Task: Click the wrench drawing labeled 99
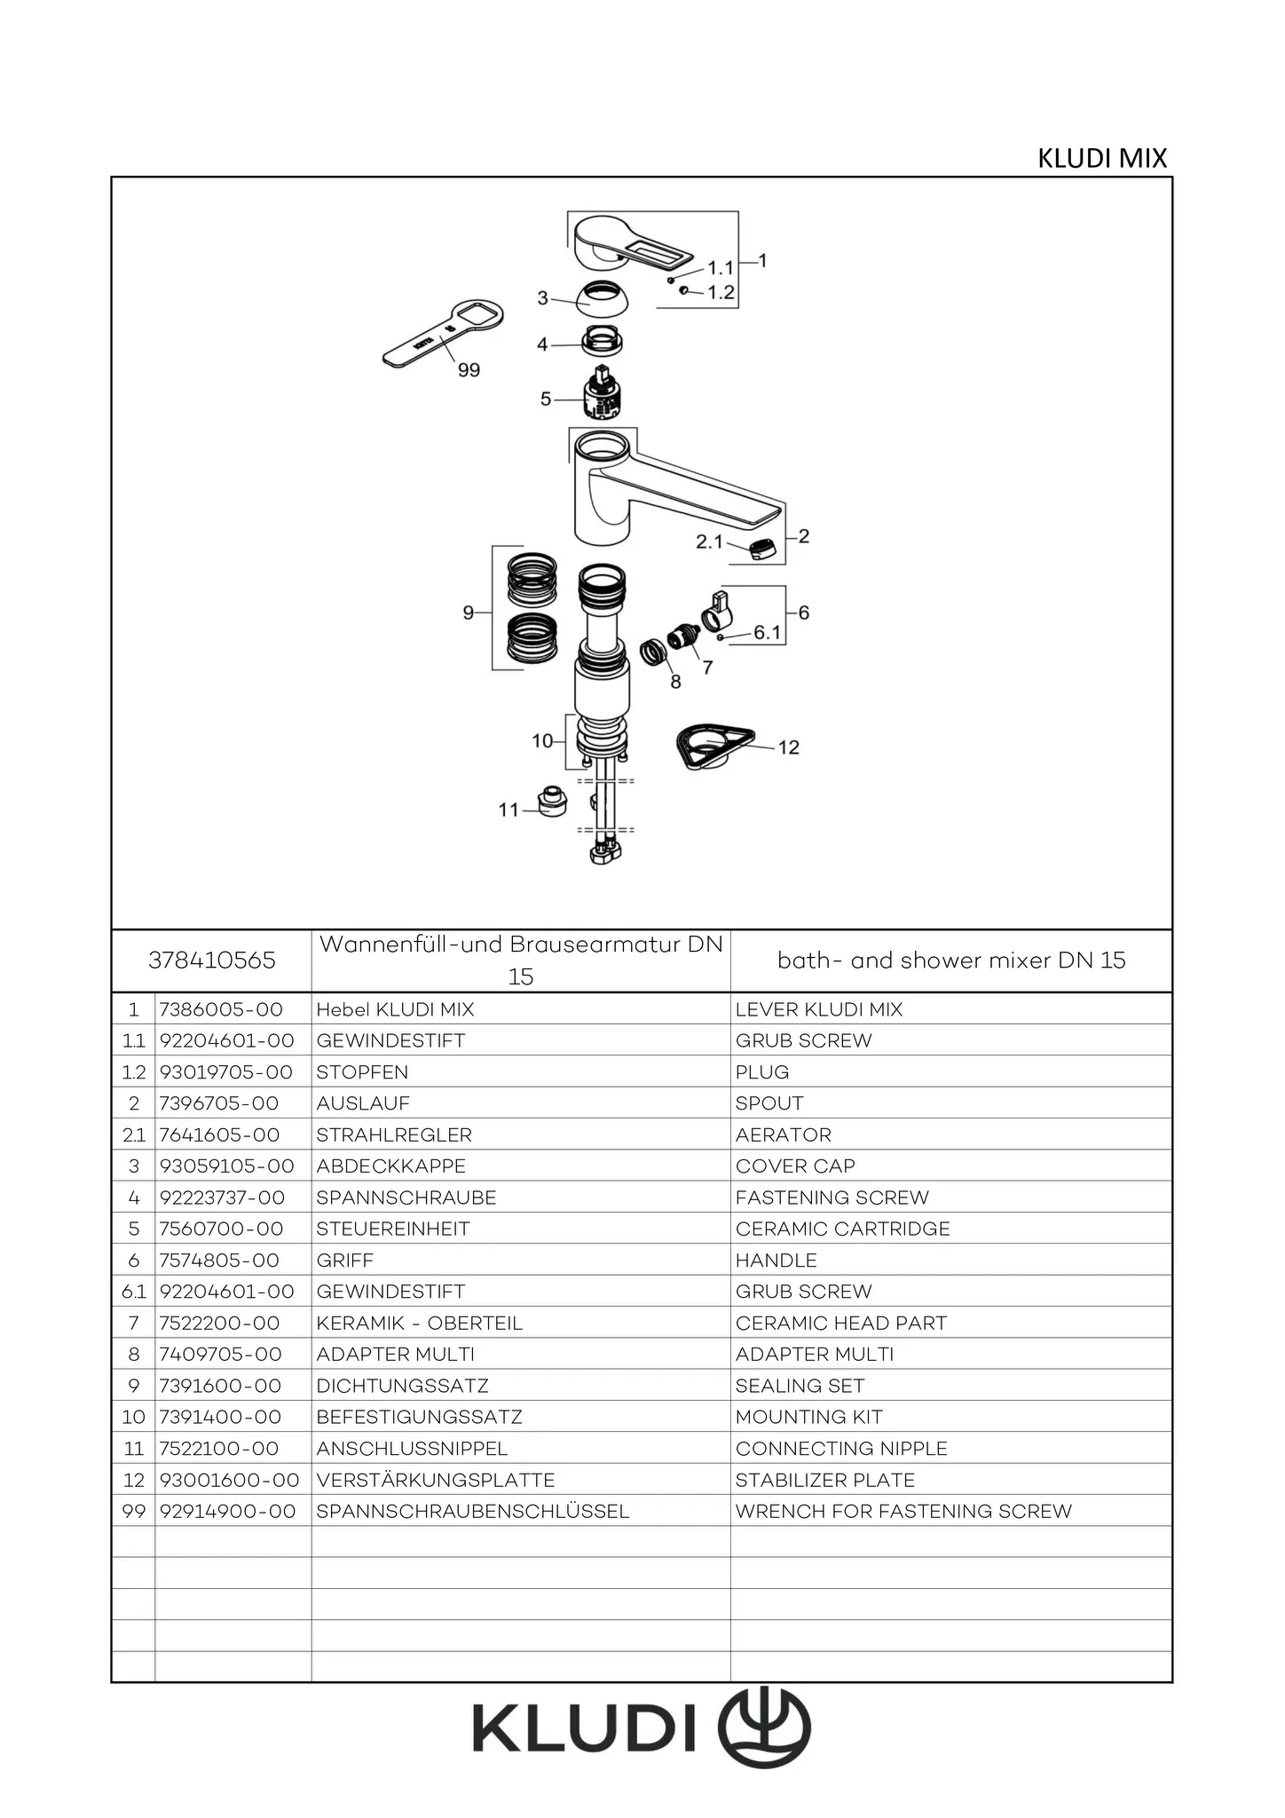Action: [441, 335]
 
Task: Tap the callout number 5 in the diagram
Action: [546, 399]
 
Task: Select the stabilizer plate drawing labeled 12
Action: [713, 747]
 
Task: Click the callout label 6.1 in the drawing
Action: [768, 633]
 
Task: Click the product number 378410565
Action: [212, 960]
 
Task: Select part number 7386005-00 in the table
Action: [221, 1009]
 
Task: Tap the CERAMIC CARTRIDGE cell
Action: [842, 1229]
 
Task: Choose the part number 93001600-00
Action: [229, 1480]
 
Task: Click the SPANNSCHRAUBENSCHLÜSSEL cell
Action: [472, 1511]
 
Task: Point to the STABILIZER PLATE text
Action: [824, 1480]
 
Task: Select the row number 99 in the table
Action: [133, 1511]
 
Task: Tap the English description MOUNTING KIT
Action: [808, 1417]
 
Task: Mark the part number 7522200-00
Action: [219, 1323]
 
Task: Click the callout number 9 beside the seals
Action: [469, 613]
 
